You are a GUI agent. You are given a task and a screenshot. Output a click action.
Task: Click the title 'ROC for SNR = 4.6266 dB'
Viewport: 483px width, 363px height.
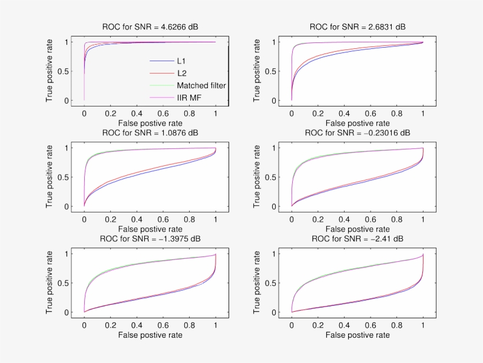tap(150, 26)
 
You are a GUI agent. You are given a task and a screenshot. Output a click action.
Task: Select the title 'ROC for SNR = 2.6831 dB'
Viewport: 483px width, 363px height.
tap(358, 26)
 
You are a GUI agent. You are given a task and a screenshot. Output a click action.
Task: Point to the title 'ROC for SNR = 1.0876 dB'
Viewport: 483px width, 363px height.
tap(150, 132)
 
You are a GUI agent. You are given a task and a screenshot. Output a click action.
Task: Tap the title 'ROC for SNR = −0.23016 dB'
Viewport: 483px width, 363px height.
tap(358, 132)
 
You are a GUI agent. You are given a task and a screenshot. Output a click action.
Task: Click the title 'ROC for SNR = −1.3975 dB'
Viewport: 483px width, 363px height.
tap(150, 238)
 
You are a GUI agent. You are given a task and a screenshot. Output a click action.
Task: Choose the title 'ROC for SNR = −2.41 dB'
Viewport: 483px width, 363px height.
tap(358, 238)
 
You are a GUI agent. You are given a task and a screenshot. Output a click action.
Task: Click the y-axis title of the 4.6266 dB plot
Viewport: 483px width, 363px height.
tap(50, 71)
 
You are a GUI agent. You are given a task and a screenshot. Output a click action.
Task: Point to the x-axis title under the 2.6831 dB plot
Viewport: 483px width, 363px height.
tap(358, 124)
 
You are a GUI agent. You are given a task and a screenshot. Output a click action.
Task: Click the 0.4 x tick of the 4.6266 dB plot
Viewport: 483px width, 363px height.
tap(137, 112)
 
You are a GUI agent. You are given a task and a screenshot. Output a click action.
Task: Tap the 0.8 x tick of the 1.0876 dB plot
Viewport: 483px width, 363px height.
tap(189, 218)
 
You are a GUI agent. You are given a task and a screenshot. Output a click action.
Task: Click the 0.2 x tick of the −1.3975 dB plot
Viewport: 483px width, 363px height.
tap(110, 324)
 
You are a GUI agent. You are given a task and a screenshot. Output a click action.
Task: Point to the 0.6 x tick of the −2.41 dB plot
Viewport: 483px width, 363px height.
tap(370, 324)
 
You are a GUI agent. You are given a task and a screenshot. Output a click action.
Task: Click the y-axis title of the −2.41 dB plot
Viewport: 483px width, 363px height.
tap(257, 282)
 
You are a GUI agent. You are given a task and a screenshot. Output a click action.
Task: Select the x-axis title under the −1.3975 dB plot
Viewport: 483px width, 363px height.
tap(150, 335)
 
